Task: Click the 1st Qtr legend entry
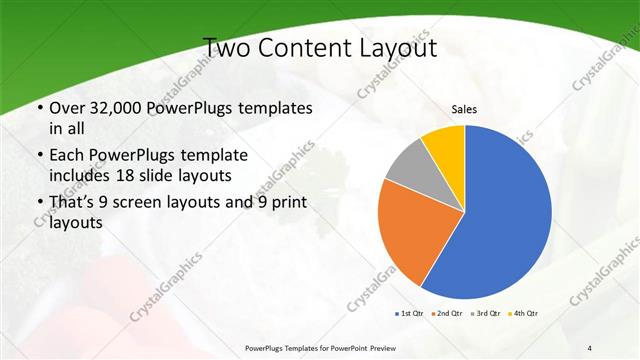pyautogui.click(x=411, y=314)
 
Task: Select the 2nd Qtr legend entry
pyautogui.click(x=447, y=314)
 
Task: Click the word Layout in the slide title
pyautogui.click(x=398, y=48)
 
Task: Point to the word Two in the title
pyautogui.click(x=226, y=48)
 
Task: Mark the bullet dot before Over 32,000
pyautogui.click(x=38, y=108)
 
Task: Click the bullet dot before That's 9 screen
pyautogui.click(x=38, y=203)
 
